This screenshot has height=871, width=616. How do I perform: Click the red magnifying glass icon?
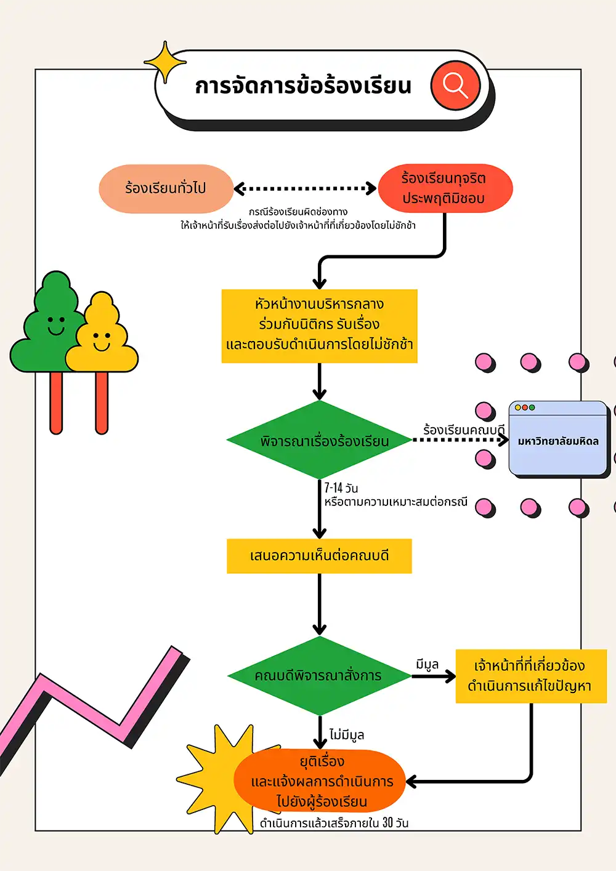click(x=455, y=85)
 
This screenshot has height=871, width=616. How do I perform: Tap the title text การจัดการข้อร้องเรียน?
click(x=303, y=86)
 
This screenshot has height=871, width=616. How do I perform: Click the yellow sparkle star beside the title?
click(x=164, y=62)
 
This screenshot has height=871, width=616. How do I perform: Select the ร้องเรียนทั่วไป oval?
click(x=166, y=188)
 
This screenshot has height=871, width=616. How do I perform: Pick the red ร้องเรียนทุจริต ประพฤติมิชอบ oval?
click(x=445, y=188)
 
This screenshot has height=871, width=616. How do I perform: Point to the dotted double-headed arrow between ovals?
click(x=305, y=188)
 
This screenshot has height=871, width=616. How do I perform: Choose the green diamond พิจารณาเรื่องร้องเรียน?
click(x=319, y=441)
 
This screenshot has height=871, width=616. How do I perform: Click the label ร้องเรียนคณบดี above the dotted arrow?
click(x=463, y=430)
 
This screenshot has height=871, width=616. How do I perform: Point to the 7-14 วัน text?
click(x=341, y=488)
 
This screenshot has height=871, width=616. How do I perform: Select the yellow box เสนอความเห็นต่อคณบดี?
click(x=319, y=556)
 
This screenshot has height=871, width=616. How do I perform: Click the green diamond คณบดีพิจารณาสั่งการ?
click(x=319, y=675)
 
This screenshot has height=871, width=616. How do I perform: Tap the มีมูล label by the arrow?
click(x=427, y=665)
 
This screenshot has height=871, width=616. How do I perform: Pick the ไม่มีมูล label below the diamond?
click(x=347, y=734)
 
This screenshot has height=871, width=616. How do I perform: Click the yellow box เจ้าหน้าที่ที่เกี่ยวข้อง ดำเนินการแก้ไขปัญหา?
click(x=530, y=676)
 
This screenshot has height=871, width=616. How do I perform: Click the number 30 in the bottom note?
click(x=387, y=822)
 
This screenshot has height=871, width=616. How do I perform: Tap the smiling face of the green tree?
click(x=56, y=325)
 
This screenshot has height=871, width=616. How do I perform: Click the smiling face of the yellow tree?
click(x=102, y=340)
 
